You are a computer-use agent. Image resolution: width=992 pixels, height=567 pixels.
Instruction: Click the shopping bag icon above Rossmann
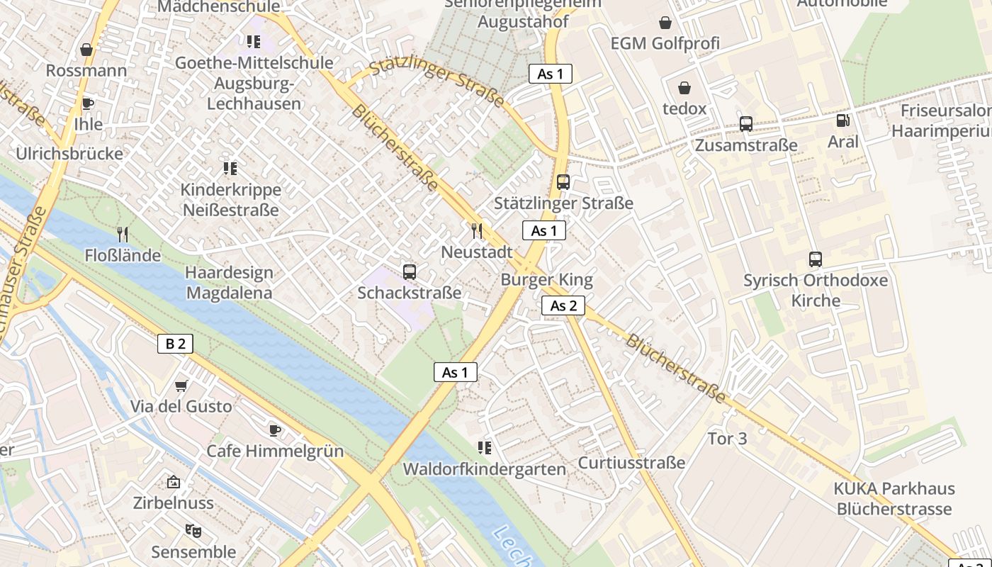click(86, 50)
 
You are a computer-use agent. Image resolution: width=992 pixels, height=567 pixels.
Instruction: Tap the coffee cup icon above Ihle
click(87, 103)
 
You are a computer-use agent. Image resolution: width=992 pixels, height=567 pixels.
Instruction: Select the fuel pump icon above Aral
click(842, 120)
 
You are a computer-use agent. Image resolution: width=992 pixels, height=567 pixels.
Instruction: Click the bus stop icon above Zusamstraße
click(745, 124)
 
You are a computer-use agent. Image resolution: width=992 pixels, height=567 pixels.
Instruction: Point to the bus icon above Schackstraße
click(409, 271)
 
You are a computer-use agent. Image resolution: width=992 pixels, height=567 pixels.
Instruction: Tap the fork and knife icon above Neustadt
click(477, 230)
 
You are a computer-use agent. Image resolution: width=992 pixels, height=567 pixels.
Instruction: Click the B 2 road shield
click(175, 344)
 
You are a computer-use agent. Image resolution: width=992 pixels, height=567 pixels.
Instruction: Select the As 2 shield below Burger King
click(563, 305)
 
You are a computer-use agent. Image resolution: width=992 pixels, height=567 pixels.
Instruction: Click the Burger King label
click(546, 279)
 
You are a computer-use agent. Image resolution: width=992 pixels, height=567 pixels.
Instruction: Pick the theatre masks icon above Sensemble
click(192, 530)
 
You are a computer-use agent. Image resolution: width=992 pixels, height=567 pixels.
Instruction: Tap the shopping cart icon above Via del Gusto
click(181, 386)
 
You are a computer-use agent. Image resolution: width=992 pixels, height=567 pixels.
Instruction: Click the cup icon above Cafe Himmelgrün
click(275, 430)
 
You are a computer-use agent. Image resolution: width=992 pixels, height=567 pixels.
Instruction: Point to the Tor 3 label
click(727, 439)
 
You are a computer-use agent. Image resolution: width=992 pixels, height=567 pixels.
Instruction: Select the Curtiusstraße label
click(631, 463)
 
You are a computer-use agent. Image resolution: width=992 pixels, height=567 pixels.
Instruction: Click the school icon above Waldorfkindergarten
click(485, 447)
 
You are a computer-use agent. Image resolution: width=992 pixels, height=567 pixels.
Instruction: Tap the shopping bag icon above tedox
click(684, 88)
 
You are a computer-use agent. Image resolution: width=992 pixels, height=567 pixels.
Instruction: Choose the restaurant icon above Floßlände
click(123, 234)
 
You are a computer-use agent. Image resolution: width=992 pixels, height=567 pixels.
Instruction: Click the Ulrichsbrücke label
click(69, 154)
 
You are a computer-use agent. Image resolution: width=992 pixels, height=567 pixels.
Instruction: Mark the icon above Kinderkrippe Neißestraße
click(230, 169)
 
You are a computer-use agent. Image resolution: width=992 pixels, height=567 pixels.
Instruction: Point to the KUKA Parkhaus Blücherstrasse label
click(894, 499)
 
